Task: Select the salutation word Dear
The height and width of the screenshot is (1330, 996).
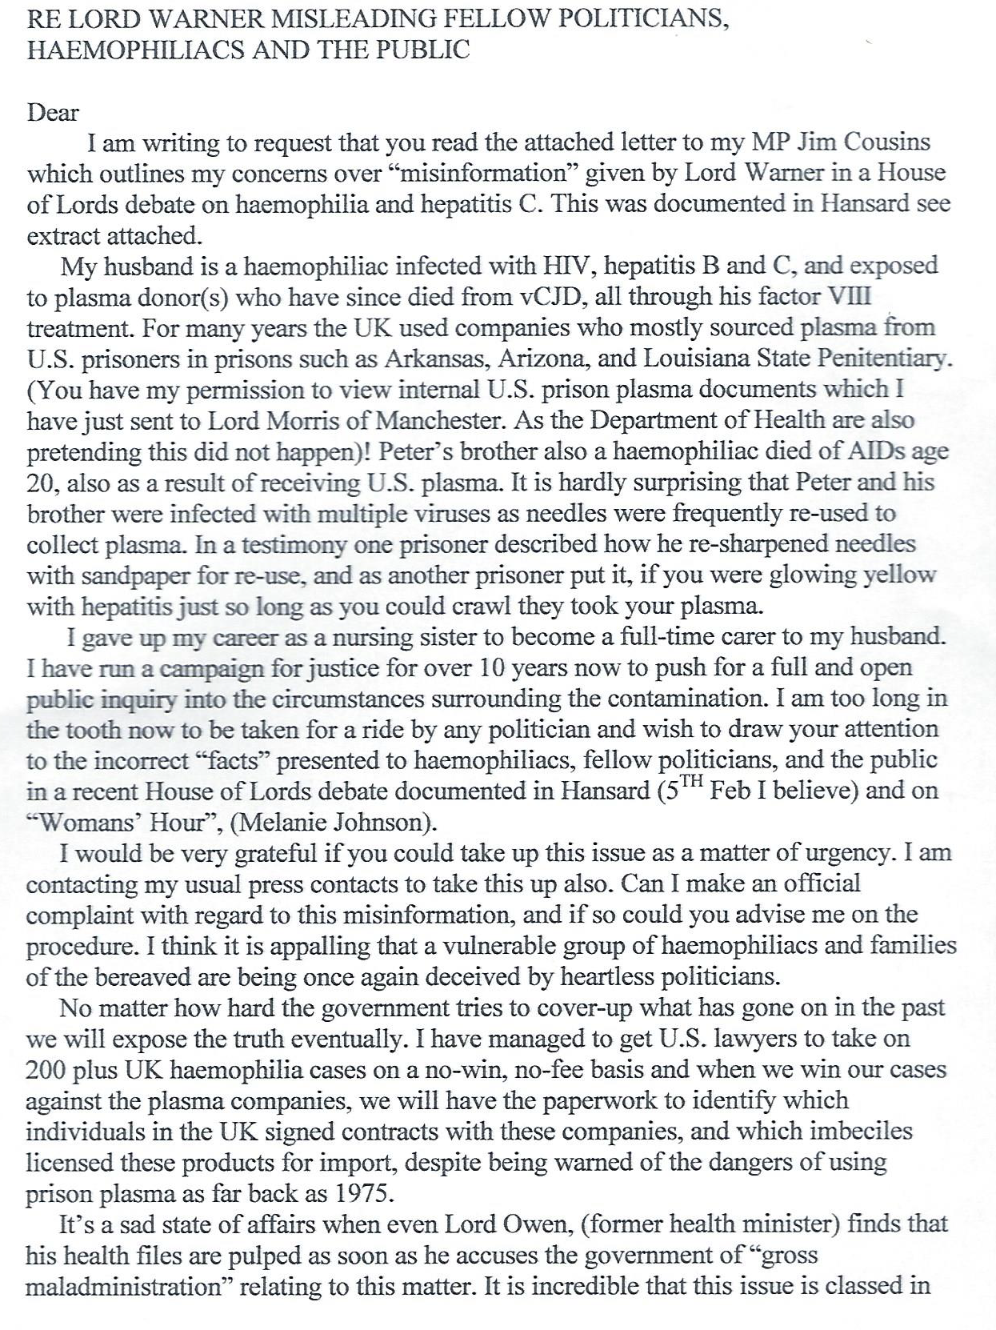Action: (53, 112)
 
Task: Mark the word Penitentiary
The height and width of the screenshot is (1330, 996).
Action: (884, 359)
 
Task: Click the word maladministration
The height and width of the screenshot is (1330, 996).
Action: (122, 1287)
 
